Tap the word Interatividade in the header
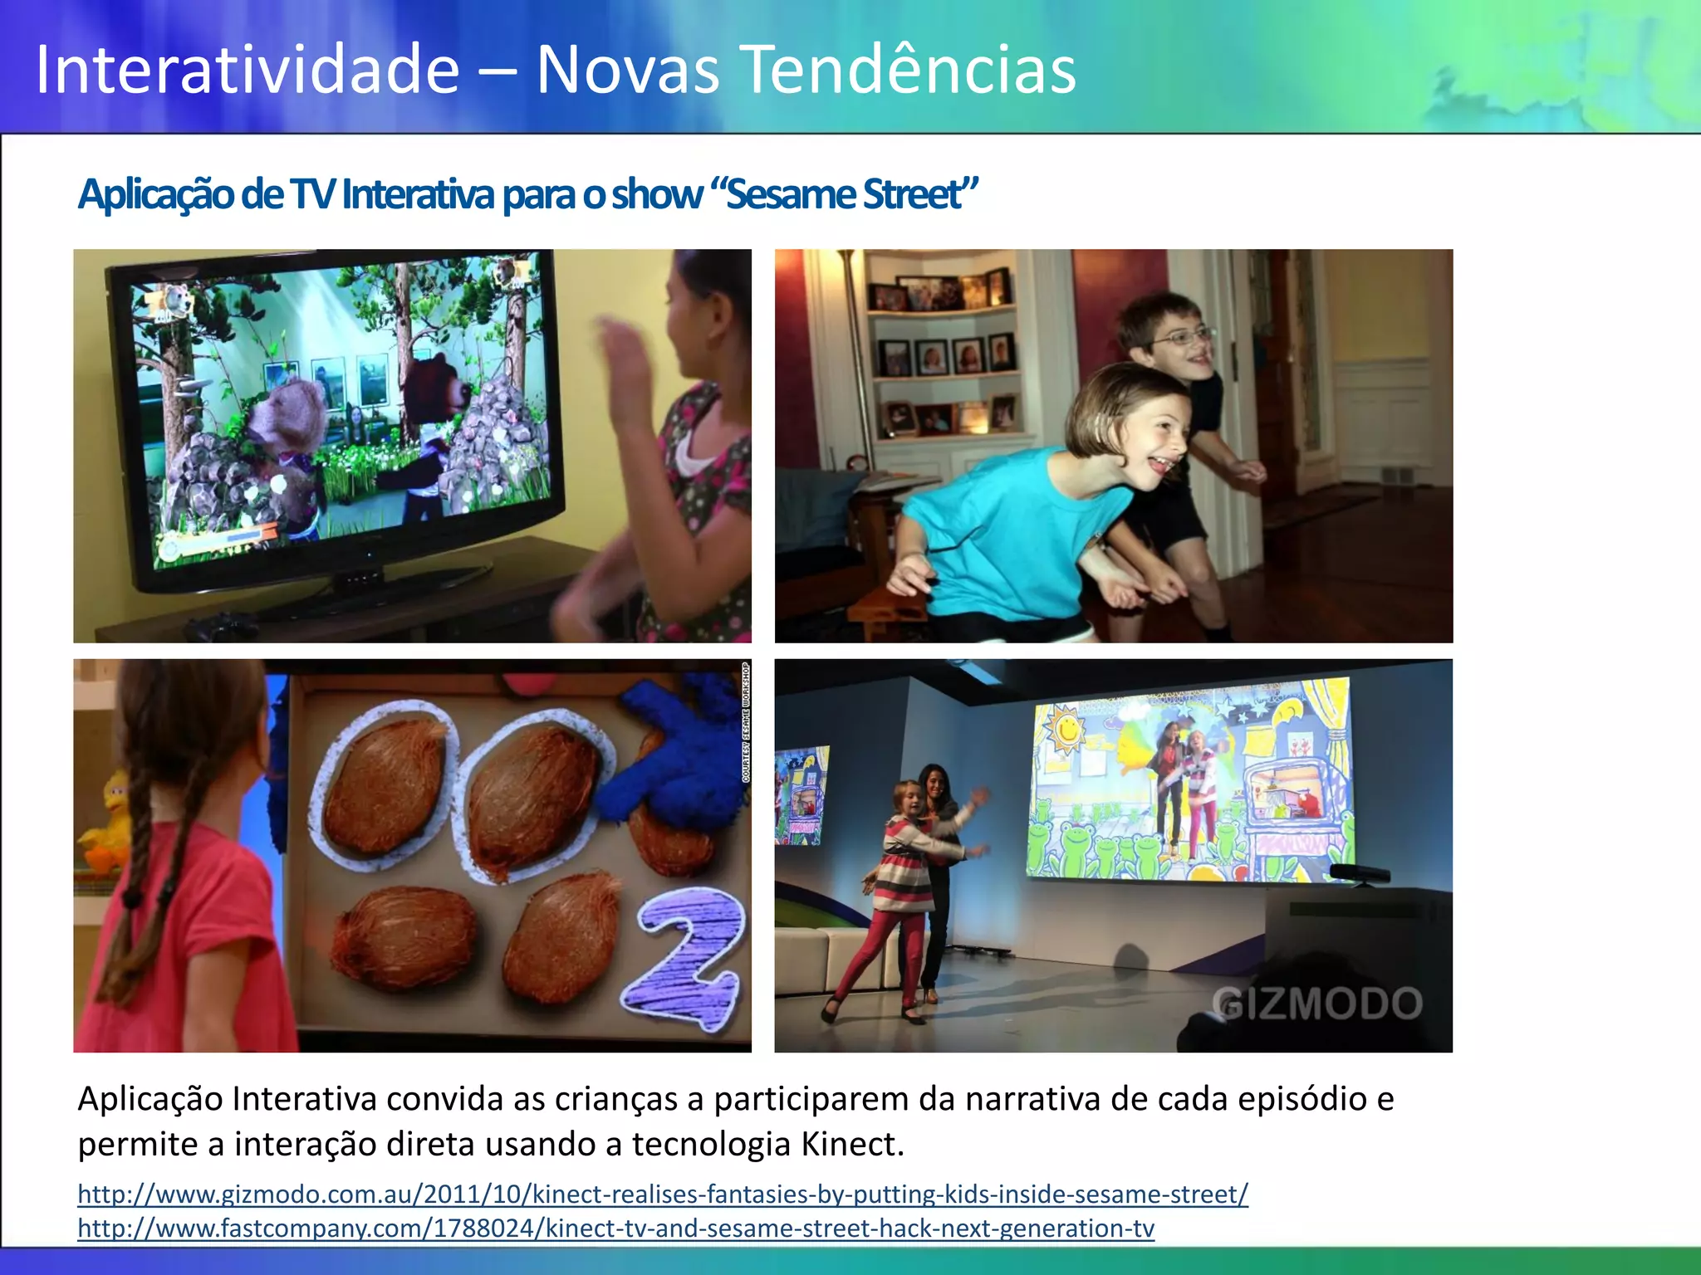[x=248, y=70]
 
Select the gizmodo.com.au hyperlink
[x=662, y=1194]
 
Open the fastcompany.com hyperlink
[x=615, y=1228]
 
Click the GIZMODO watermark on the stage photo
[x=1316, y=1004]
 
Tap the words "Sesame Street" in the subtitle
[x=852, y=194]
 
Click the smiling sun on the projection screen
[x=1066, y=728]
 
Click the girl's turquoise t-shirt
[x=1013, y=531]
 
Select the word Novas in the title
[x=627, y=70]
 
